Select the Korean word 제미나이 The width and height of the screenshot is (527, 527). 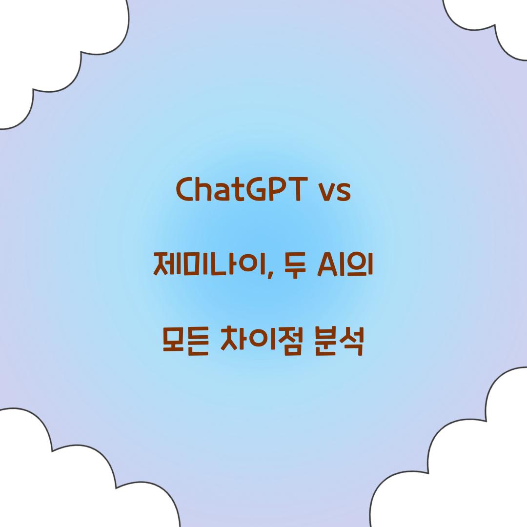[210, 265]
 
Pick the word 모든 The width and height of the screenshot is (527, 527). [183, 344]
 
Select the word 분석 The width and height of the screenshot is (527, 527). [340, 344]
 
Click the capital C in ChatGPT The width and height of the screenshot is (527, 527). [185, 190]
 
